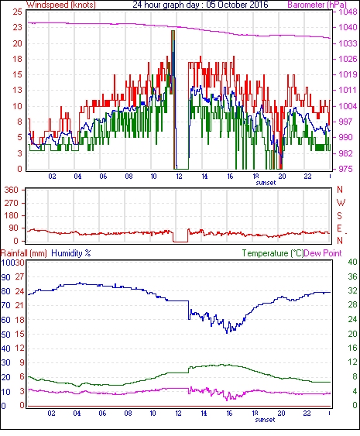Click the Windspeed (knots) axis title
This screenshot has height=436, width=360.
(x=61, y=5)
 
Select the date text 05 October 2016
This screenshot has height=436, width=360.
(x=237, y=5)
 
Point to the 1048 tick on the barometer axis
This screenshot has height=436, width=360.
(x=348, y=12)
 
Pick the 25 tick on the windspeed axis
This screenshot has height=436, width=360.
(x=17, y=12)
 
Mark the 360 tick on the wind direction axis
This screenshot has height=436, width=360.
(x=11, y=191)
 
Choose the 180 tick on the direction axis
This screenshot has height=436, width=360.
(x=11, y=216)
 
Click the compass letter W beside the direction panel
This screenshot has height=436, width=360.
(x=341, y=203)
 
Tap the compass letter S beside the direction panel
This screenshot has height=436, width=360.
(x=339, y=216)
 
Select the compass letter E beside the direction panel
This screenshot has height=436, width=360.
(x=339, y=228)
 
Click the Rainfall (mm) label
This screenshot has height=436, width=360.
(x=24, y=253)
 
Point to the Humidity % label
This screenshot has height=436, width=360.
(x=71, y=253)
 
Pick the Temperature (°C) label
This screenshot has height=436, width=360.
(x=273, y=253)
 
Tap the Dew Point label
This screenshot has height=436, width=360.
(x=323, y=253)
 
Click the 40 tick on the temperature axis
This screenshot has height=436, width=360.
(x=352, y=262)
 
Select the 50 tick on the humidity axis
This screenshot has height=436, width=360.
(x=6, y=335)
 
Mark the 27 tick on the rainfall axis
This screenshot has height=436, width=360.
(x=19, y=276)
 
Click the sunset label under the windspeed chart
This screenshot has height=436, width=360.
(x=266, y=183)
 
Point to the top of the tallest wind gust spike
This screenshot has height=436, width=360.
(x=173, y=30)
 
